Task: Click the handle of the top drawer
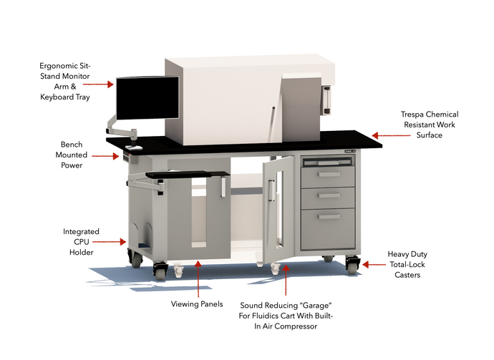click(x=329, y=174)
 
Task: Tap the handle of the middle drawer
click(x=329, y=195)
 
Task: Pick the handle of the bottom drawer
click(x=329, y=216)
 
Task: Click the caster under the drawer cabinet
click(x=352, y=266)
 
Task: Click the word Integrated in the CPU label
click(x=81, y=232)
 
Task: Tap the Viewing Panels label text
click(x=197, y=304)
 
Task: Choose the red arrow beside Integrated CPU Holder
click(x=115, y=242)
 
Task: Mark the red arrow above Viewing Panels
click(x=198, y=280)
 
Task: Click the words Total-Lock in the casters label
click(x=407, y=264)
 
